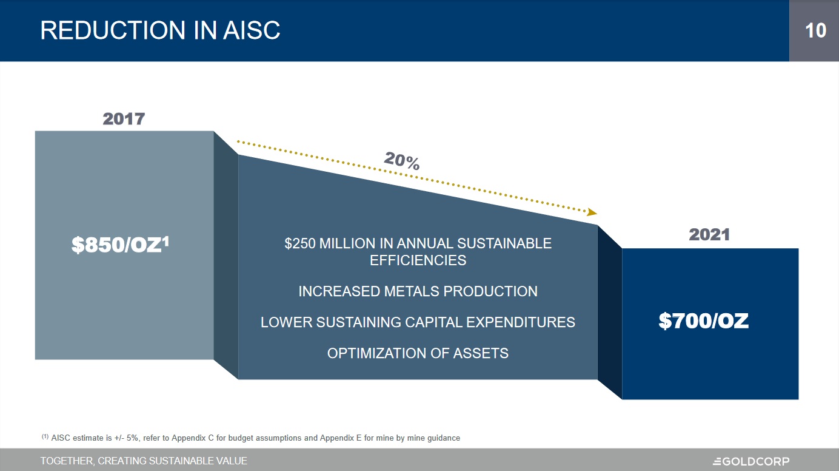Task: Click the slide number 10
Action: (x=815, y=30)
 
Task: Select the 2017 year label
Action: (x=124, y=118)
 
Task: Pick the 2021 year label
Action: (x=709, y=235)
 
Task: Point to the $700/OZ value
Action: (x=704, y=322)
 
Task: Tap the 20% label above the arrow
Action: (x=402, y=161)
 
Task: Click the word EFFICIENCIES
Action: (x=418, y=260)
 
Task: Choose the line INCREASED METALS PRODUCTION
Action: (x=418, y=291)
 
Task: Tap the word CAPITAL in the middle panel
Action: (x=430, y=322)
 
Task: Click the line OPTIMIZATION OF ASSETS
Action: (x=418, y=353)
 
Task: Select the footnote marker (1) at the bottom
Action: (x=45, y=436)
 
